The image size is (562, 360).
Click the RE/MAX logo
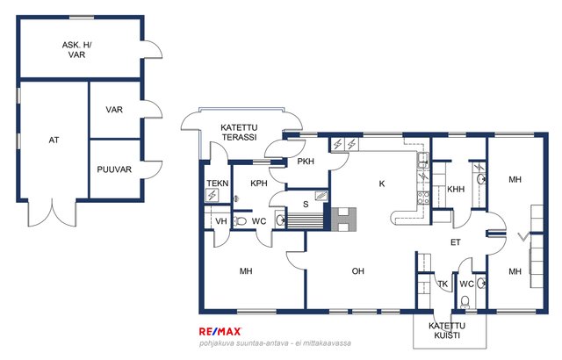click(220, 332)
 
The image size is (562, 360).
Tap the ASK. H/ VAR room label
click(76, 50)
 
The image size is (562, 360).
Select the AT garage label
click(54, 140)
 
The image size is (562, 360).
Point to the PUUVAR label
click(114, 169)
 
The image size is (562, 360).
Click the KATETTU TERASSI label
click(239, 133)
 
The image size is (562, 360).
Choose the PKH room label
click(306, 162)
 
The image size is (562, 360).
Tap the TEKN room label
click(218, 184)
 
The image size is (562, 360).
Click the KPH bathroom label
click(259, 184)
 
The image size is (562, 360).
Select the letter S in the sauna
click(306, 205)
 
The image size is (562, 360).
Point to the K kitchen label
click(382, 184)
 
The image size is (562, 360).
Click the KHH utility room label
click(456, 189)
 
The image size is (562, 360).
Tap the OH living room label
click(358, 271)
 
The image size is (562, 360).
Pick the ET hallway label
click(455, 242)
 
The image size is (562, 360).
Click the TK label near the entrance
click(443, 284)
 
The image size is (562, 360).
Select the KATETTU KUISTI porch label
click(447, 331)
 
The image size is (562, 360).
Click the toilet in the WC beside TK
click(465, 302)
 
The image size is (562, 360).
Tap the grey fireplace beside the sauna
click(343, 220)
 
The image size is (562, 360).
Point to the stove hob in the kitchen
click(423, 198)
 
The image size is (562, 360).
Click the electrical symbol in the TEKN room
click(213, 196)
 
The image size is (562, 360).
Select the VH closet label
click(221, 221)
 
